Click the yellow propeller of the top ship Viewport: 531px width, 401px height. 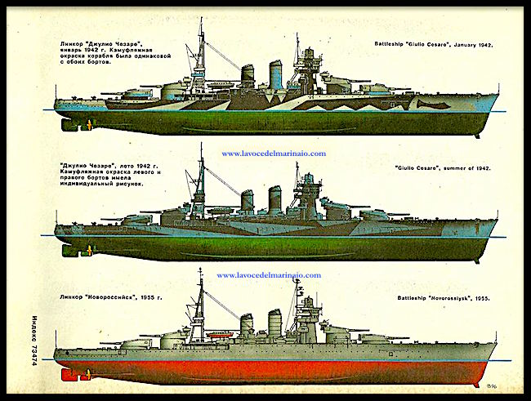tap(87, 124)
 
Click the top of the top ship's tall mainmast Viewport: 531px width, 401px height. tap(201, 20)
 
